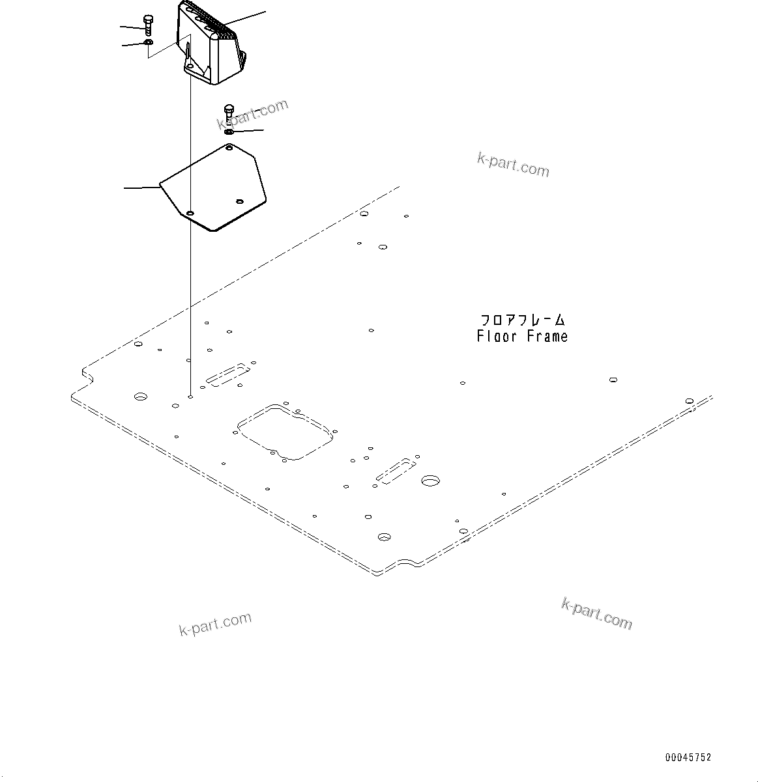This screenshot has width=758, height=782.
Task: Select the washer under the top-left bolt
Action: point(149,43)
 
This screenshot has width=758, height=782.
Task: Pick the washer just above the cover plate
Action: point(229,132)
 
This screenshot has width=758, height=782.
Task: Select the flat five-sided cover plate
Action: point(215,189)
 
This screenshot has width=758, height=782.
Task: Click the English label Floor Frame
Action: point(521,337)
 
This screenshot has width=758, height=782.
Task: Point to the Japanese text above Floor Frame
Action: point(523,320)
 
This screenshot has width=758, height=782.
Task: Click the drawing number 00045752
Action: point(688,757)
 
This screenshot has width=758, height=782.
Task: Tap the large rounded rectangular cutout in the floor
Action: point(285,432)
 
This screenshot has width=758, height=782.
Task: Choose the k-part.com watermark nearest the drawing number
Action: point(596,613)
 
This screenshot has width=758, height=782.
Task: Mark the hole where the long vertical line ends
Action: point(190,396)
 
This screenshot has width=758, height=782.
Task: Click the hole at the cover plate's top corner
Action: point(229,149)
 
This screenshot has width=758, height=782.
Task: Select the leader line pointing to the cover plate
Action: point(142,188)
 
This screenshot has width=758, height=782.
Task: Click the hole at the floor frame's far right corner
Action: point(690,401)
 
